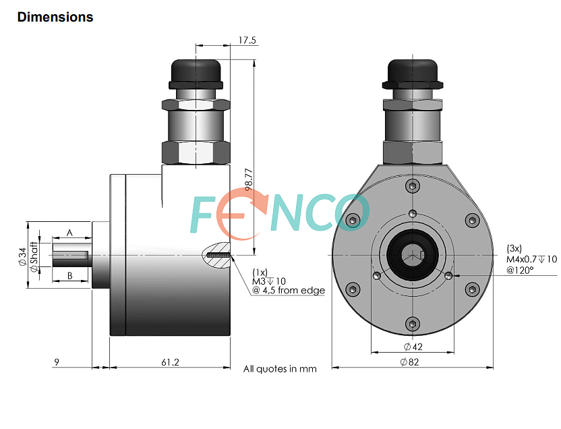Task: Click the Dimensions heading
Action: (55, 17)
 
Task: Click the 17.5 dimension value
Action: (247, 40)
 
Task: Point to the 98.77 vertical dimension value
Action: (249, 179)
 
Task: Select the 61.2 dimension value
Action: (170, 362)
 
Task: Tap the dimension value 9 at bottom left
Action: (57, 362)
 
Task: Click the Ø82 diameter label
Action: (409, 362)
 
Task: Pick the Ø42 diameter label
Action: (413, 346)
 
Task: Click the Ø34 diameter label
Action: (23, 256)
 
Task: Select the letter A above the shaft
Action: (69, 233)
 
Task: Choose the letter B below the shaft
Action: (70, 275)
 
